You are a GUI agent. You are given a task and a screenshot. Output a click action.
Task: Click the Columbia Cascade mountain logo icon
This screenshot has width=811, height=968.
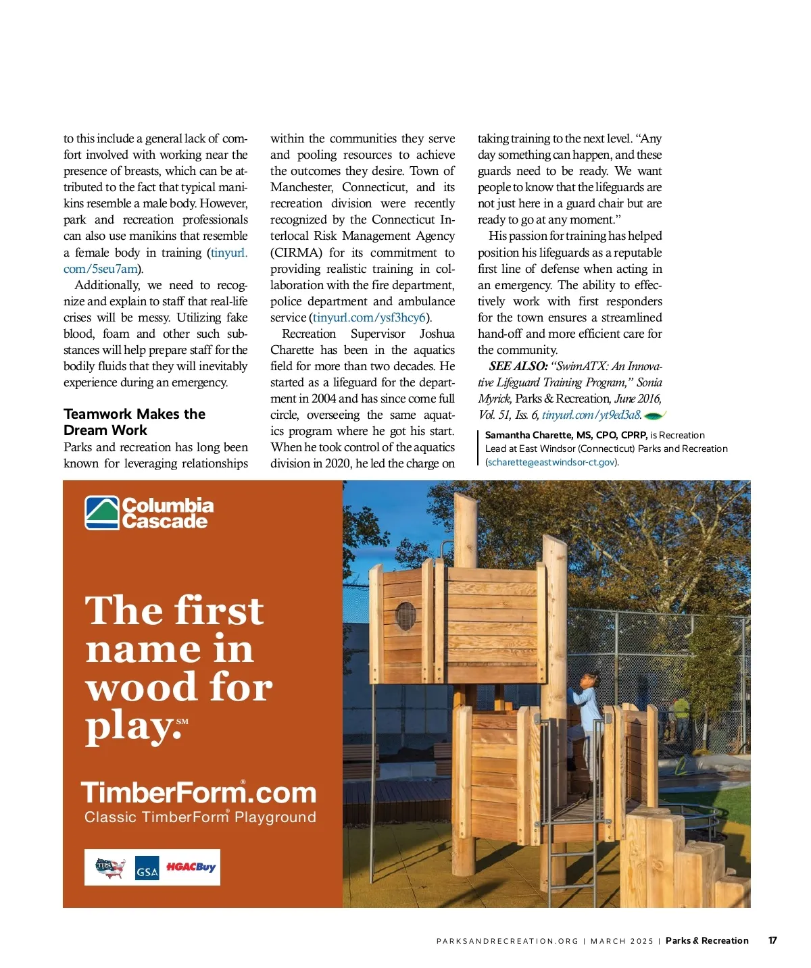click(102, 513)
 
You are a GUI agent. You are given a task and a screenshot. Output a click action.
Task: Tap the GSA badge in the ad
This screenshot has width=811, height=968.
click(147, 868)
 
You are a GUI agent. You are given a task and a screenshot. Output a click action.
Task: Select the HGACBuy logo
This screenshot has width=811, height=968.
click(191, 867)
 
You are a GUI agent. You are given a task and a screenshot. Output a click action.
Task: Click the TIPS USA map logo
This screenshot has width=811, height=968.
click(110, 867)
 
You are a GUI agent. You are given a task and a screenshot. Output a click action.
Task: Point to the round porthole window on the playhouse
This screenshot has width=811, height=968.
click(405, 615)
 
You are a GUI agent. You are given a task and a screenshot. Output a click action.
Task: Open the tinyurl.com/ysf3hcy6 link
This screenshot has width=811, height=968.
click(369, 317)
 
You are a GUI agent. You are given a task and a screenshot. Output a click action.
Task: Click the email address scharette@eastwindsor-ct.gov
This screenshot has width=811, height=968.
click(551, 462)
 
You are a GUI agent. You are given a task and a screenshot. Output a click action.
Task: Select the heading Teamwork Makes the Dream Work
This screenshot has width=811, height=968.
click(134, 422)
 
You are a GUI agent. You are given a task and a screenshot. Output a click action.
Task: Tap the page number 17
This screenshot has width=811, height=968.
click(772, 940)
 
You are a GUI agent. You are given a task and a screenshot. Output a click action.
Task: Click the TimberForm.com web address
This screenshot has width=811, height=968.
click(199, 792)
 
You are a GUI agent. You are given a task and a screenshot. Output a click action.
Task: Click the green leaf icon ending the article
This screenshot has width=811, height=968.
click(656, 415)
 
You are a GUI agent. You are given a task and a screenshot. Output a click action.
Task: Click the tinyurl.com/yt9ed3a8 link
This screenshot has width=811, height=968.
click(591, 415)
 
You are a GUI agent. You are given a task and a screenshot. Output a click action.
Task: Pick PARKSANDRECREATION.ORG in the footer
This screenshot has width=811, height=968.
click(507, 941)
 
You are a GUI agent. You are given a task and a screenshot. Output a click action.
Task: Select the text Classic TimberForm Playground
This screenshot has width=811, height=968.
click(200, 817)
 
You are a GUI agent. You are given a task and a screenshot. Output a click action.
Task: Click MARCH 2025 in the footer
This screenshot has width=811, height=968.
click(622, 941)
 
